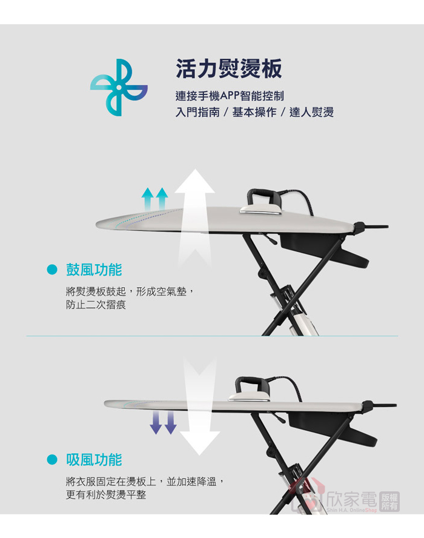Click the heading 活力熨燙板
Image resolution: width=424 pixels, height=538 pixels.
[229, 68]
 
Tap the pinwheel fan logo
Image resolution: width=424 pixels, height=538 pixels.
[119, 87]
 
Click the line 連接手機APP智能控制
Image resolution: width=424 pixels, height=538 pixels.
[230, 96]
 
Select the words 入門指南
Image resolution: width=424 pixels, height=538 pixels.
[197, 112]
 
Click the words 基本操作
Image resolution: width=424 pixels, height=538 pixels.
[254, 112]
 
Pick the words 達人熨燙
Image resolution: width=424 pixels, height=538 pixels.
[311, 112]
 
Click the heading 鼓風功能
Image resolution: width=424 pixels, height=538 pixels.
[94, 270]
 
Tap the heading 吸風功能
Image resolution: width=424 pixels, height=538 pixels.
[94, 460]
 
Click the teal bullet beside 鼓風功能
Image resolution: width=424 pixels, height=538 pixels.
[52, 270]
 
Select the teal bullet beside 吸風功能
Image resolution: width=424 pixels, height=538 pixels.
[52, 460]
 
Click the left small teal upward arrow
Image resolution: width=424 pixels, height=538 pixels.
[148, 199]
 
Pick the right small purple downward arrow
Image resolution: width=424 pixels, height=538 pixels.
[170, 423]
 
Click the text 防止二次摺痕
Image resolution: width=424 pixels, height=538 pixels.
[96, 305]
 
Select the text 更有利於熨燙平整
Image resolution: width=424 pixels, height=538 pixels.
[106, 495]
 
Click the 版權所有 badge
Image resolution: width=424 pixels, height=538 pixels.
[389, 502]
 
